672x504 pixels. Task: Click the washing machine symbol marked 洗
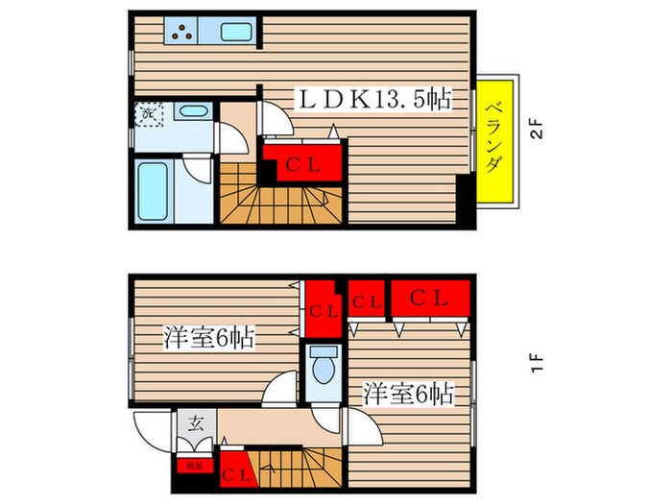tap(149, 113)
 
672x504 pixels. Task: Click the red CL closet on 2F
tap(301, 162)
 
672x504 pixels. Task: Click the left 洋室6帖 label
tap(207, 338)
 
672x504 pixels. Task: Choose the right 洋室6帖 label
tap(407, 393)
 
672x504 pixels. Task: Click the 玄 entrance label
tap(193, 420)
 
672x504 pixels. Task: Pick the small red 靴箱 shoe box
tap(195, 466)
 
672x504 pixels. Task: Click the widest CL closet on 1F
tap(429, 299)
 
